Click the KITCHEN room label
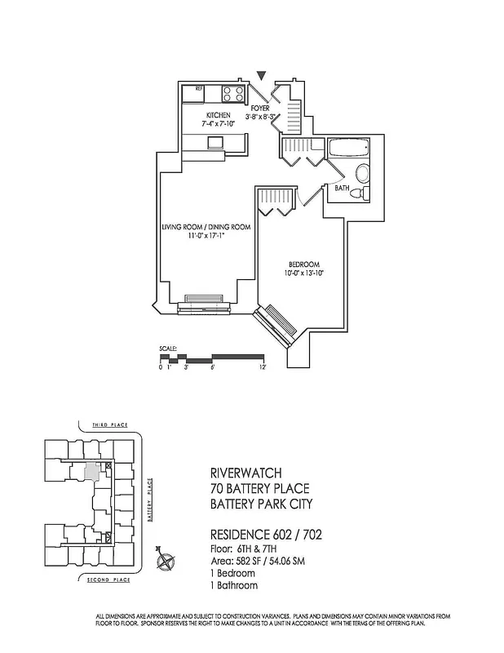[218, 115]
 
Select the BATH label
[343, 189]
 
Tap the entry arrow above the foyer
[261, 77]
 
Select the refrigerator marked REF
[194, 93]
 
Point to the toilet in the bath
[364, 181]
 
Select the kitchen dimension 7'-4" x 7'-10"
[218, 125]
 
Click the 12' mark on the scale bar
[263, 368]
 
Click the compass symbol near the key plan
[166, 561]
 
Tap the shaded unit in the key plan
[94, 471]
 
